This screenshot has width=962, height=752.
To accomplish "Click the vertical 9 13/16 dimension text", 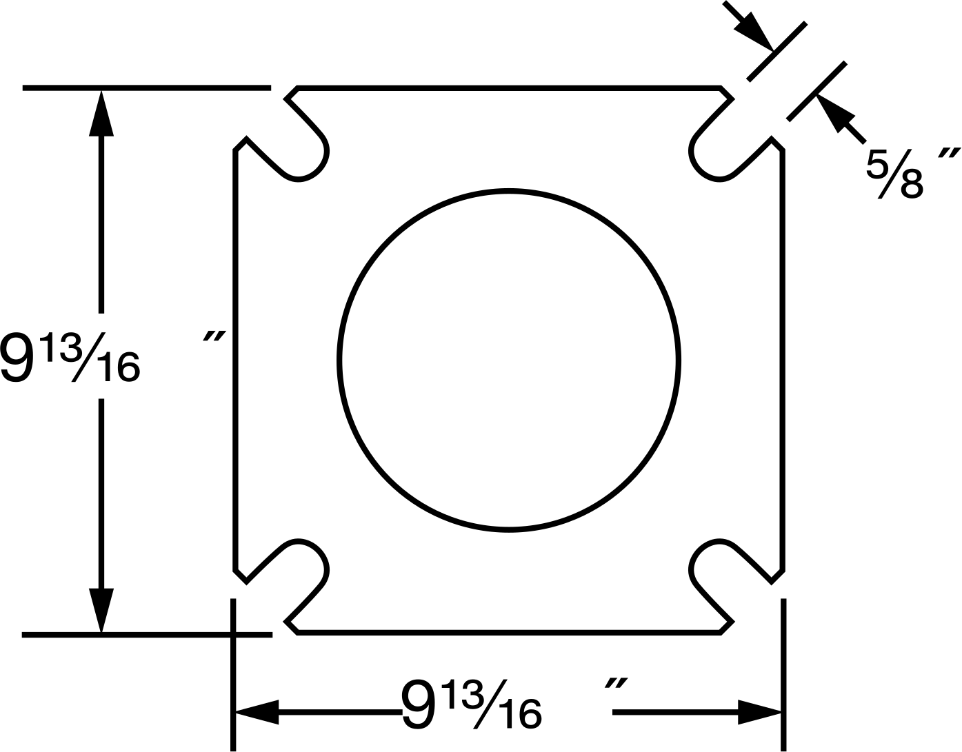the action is [x=70, y=356].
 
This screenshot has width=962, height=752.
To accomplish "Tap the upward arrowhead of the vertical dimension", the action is [x=101, y=113].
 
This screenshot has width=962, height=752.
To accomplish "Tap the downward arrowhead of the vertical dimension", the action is [x=101, y=611].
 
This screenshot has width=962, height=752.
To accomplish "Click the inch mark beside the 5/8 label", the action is [x=949, y=154].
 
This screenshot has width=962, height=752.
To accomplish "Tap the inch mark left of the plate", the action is [x=214, y=336].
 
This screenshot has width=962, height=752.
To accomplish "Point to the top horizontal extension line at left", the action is [x=146, y=88].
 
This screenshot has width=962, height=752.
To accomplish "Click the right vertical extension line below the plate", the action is [x=783, y=675].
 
